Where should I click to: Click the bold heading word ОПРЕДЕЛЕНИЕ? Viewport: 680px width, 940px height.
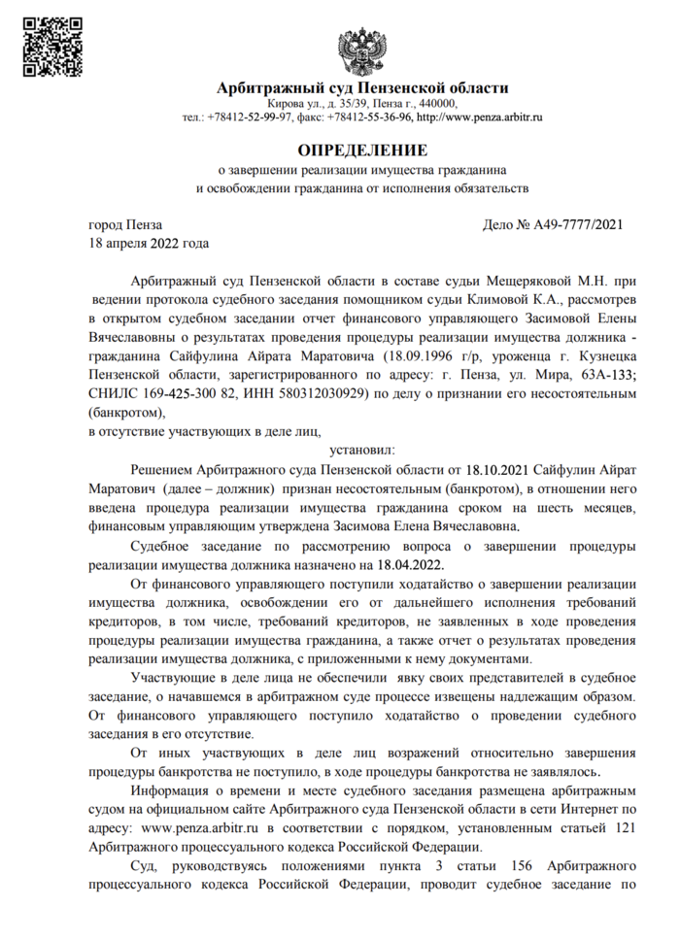(362, 150)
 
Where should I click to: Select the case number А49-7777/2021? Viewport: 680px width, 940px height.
(577, 225)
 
